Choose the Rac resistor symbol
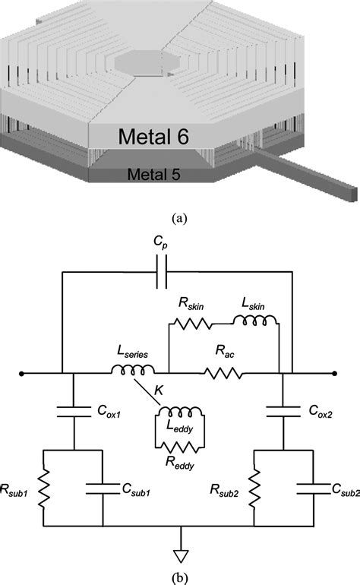click(x=223, y=373)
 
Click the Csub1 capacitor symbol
click(x=103, y=486)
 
